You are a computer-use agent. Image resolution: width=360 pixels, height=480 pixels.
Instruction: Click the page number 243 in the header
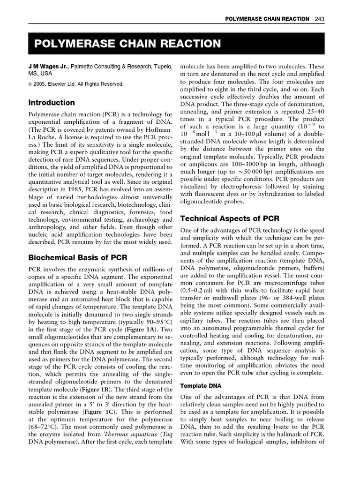click(x=320, y=19)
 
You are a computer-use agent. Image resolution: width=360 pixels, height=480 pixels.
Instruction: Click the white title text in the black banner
click(x=127, y=44)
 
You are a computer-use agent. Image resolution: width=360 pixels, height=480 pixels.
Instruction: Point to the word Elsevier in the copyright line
click(x=61, y=84)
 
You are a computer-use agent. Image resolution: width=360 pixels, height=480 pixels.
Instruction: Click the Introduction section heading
click(x=52, y=102)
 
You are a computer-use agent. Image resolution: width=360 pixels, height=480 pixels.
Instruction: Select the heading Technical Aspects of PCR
click(x=230, y=218)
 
